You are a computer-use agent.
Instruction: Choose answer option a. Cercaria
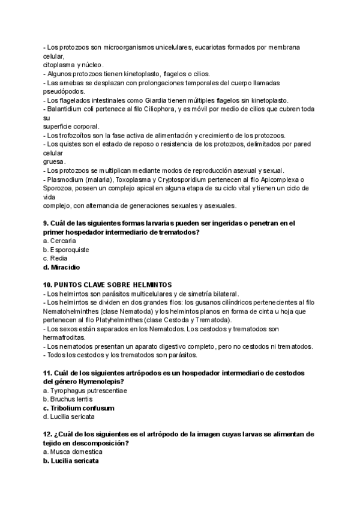(x=59, y=241)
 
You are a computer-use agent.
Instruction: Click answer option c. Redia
(x=55, y=258)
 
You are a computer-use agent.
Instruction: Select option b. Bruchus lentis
(x=70, y=399)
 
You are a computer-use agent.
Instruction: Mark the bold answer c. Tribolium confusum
(x=79, y=408)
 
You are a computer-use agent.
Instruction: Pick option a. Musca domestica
(x=73, y=451)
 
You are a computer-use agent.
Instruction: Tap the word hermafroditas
(x=66, y=337)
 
